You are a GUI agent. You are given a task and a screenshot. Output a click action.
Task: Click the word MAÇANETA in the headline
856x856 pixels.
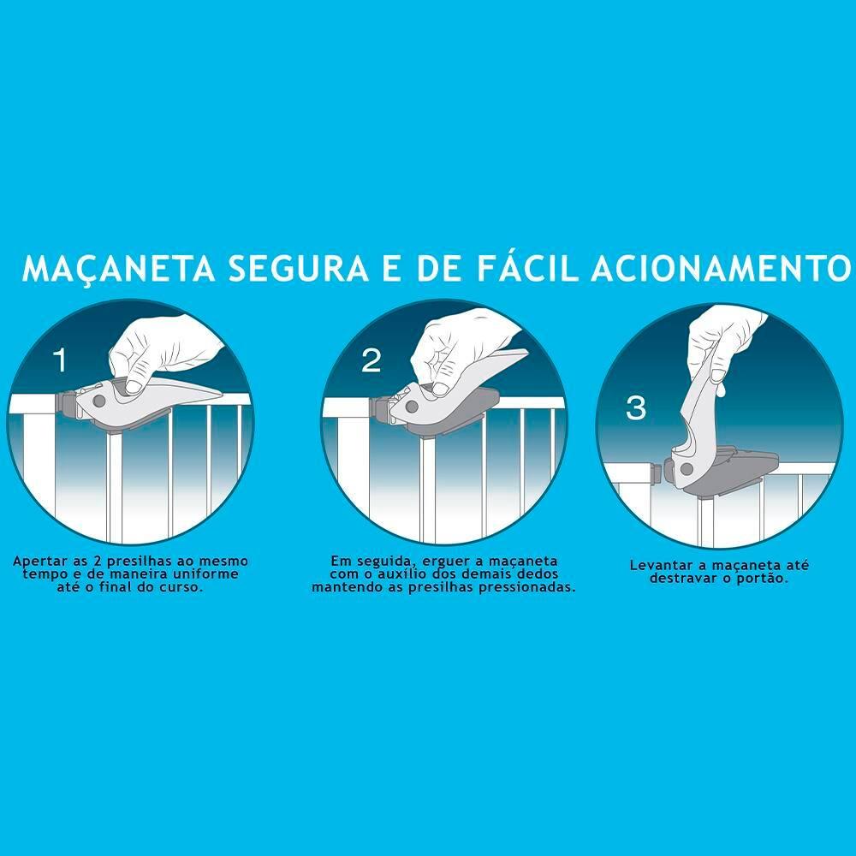[x=118, y=268]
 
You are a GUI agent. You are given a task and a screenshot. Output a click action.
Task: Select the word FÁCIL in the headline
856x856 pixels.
[x=526, y=267]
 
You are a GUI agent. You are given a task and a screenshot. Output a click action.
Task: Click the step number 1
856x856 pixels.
[x=60, y=360]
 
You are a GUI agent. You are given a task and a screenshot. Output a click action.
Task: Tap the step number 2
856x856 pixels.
[x=372, y=360]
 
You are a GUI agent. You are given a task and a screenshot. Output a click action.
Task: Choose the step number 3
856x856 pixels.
[x=636, y=407]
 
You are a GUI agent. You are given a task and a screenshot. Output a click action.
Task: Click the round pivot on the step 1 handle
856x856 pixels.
[x=98, y=401]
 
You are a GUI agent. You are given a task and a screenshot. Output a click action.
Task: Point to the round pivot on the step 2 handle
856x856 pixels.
[x=410, y=407]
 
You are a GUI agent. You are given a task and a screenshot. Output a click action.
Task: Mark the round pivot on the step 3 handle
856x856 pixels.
[x=687, y=468]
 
